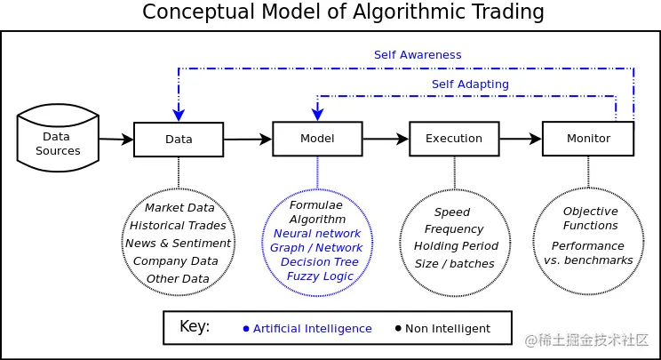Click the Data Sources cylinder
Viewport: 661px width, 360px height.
tap(58, 138)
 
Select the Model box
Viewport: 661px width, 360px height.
tap(317, 139)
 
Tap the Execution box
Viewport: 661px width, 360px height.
tap(454, 139)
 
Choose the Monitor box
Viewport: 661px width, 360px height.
tap(588, 139)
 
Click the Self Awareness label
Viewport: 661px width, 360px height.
tap(418, 55)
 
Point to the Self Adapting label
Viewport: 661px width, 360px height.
tap(470, 84)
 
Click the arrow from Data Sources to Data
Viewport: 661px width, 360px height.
tap(116, 139)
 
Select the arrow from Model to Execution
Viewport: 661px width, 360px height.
tap(386, 139)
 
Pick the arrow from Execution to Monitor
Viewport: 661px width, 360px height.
tap(521, 139)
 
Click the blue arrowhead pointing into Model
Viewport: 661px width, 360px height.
tap(317, 115)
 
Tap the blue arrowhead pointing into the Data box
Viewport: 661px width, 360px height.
tap(179, 116)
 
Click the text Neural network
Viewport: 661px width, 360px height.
tap(317, 234)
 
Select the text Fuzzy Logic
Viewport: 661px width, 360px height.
tap(320, 276)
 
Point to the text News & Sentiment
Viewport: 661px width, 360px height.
tap(178, 244)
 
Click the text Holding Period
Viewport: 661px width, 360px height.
tap(456, 246)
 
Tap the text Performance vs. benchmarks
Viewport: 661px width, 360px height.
tap(588, 253)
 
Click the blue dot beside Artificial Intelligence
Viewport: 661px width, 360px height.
tap(246, 329)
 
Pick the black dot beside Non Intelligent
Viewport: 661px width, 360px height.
tap(398, 328)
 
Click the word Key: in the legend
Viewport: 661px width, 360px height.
tap(195, 327)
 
